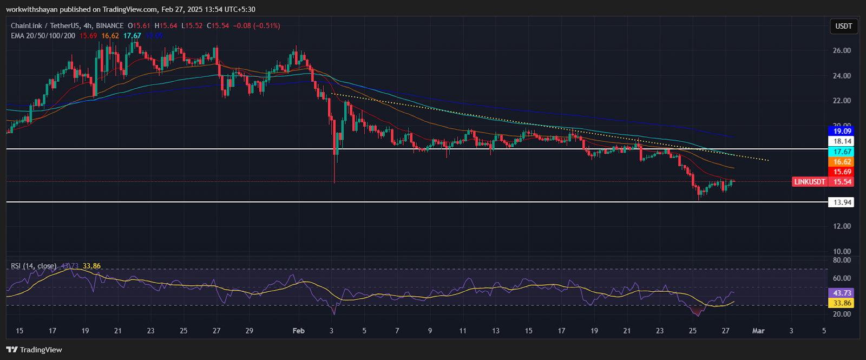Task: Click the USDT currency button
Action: pyautogui.click(x=843, y=26)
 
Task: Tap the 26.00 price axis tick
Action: pyautogui.click(x=842, y=50)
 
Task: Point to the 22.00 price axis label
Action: pyautogui.click(x=842, y=101)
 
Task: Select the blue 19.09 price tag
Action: pyautogui.click(x=842, y=131)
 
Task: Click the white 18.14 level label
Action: pyautogui.click(x=842, y=141)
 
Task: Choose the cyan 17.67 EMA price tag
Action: pyautogui.click(x=842, y=152)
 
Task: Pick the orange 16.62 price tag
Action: pyautogui.click(x=842, y=162)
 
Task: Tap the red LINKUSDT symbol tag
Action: pyautogui.click(x=810, y=182)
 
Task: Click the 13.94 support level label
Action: pyautogui.click(x=842, y=202)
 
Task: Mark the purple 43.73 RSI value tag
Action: pyautogui.click(x=842, y=293)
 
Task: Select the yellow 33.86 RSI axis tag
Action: pyautogui.click(x=842, y=303)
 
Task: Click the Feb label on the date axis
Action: pyautogui.click(x=298, y=331)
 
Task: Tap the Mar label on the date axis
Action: pyautogui.click(x=758, y=331)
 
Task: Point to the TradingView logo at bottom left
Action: pyautogui.click(x=35, y=350)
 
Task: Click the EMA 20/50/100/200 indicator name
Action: pyautogui.click(x=43, y=36)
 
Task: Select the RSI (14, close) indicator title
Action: pyautogui.click(x=34, y=266)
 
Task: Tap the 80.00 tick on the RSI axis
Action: pyautogui.click(x=842, y=260)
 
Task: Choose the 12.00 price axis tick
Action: pyautogui.click(x=842, y=226)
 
